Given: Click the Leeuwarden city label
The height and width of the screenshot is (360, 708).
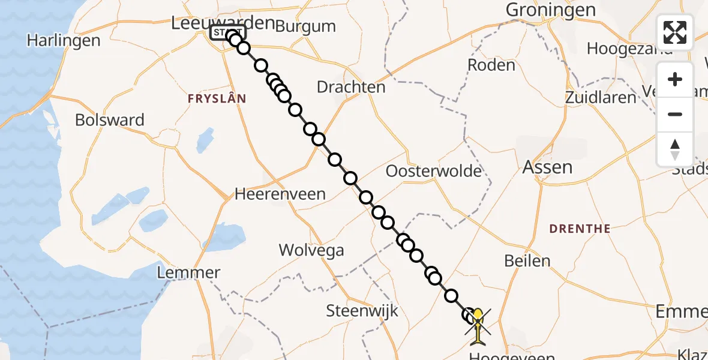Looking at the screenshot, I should [223, 23].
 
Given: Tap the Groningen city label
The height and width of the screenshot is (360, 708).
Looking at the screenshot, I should [551, 10].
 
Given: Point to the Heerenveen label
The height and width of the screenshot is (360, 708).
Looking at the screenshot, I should [280, 194].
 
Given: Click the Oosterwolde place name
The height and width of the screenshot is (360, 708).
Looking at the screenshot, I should [434, 172].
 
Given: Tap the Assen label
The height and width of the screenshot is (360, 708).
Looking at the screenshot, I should [547, 167].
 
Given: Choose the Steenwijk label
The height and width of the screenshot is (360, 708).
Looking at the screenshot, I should [362, 311].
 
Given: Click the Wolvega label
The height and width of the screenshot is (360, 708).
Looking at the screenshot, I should [311, 250].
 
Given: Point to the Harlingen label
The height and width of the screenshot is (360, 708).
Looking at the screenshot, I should [63, 41].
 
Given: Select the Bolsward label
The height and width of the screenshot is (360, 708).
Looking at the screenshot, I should [110, 120].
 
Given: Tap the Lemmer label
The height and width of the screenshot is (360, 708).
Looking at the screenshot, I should [188, 274].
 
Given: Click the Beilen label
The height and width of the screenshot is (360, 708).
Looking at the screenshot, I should [527, 261].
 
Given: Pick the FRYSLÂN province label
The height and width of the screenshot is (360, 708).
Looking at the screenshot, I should [217, 99].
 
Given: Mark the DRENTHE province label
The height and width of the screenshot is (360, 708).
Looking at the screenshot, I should [581, 229].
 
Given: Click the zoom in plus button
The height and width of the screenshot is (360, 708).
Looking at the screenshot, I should [675, 80].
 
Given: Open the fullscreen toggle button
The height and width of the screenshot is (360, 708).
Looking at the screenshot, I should [675, 32].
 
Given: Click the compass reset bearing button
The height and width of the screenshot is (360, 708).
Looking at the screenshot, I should [675, 149].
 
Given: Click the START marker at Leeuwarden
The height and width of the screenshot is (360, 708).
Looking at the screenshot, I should [228, 32].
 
